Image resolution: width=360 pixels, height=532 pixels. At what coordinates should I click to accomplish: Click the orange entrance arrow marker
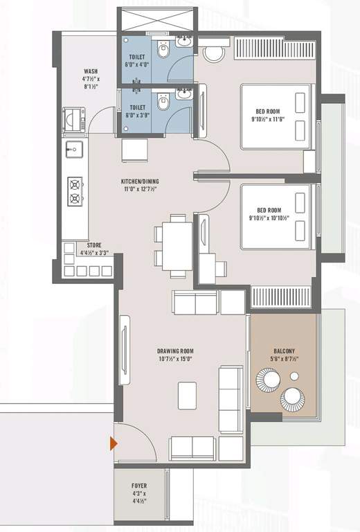click(x=111, y=443)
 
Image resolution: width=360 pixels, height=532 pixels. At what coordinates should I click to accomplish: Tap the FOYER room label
click(x=139, y=486)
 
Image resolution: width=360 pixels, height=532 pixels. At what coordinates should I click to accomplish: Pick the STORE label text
click(x=95, y=245)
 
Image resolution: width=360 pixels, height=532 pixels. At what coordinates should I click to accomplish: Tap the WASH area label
click(x=91, y=71)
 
